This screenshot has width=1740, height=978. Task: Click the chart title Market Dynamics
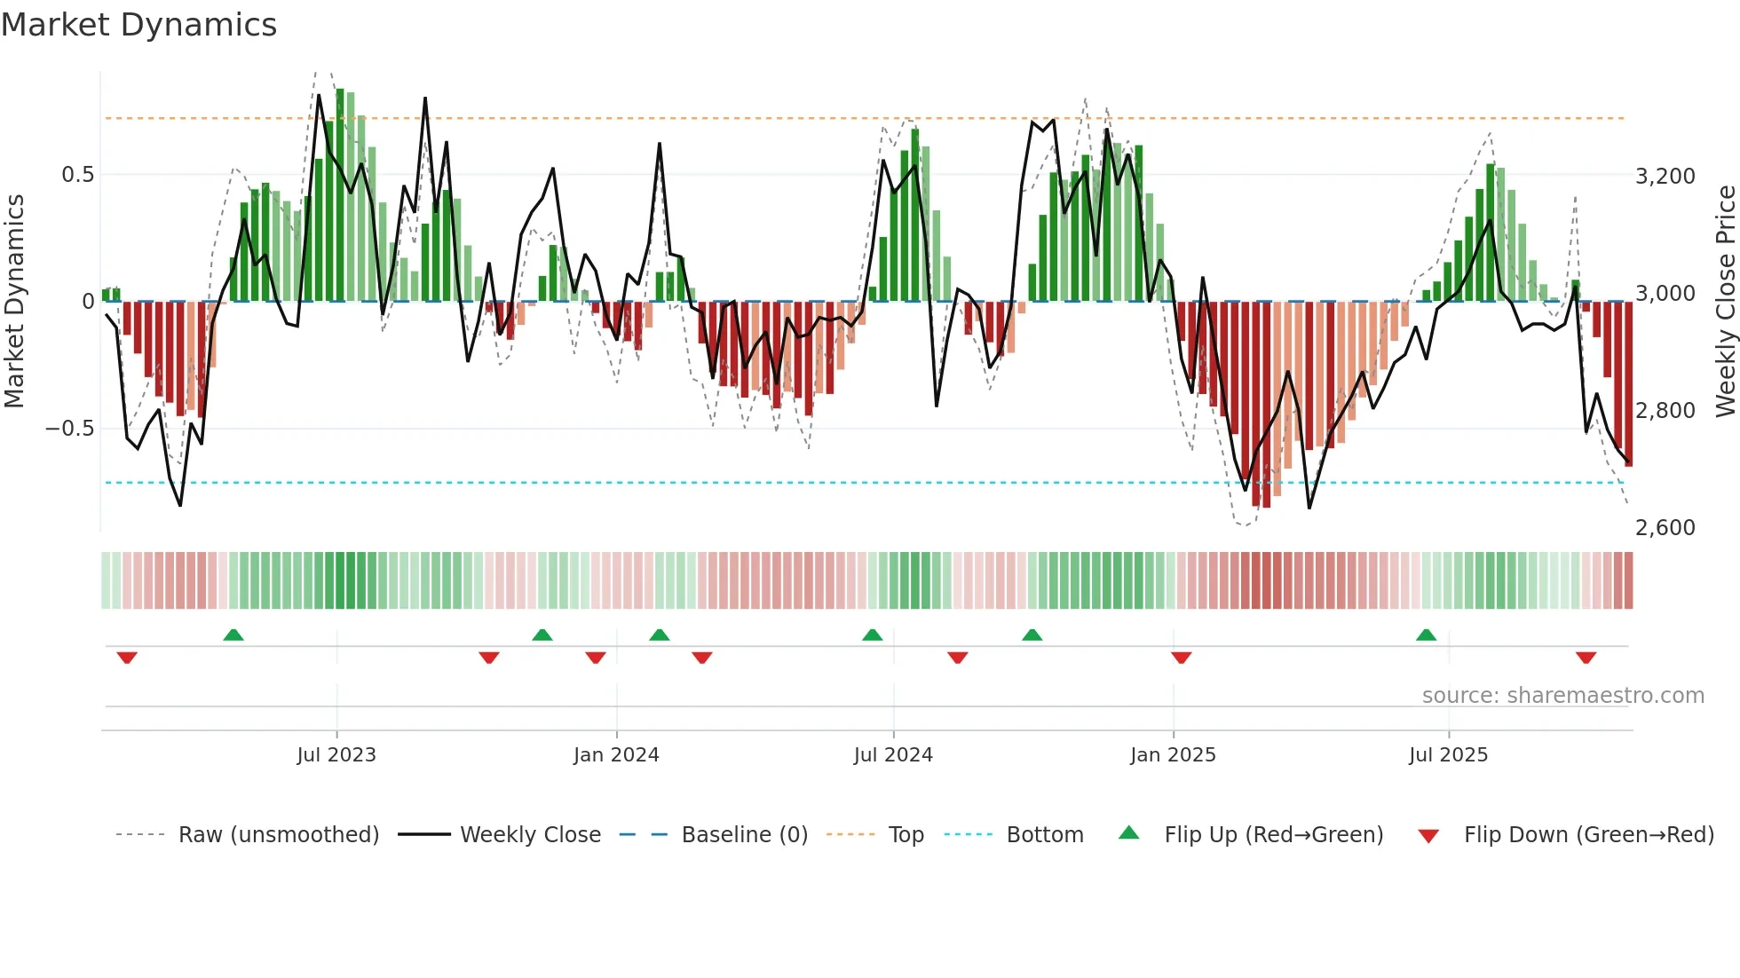point(138,25)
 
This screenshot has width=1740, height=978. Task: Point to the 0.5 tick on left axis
point(77,175)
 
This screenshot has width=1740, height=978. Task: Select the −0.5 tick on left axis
point(70,429)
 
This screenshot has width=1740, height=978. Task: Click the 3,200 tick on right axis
point(1665,177)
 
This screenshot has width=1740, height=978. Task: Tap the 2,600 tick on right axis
point(1665,528)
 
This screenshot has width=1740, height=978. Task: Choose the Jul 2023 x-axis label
point(336,755)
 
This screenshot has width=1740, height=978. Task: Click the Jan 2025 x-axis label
point(1173,755)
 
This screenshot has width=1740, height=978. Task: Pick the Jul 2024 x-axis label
point(893,755)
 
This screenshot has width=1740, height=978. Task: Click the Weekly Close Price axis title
point(1725,301)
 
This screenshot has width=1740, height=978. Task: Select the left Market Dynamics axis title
point(14,301)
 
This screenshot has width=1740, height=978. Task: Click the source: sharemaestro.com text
point(1562,696)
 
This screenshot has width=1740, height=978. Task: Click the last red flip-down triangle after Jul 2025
point(1586,658)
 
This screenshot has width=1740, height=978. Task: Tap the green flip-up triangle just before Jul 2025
point(1426,635)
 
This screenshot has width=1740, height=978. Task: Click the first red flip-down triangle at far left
point(127,658)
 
